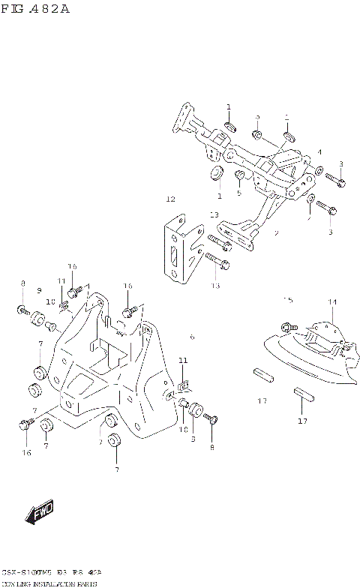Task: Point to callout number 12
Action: click(170, 199)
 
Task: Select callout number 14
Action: click(331, 302)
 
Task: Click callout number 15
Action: click(287, 301)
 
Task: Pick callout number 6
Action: click(192, 337)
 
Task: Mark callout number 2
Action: click(276, 233)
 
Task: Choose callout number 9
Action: click(39, 290)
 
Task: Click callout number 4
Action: click(319, 151)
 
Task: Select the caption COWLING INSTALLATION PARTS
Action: click(54, 582)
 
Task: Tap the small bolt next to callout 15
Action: click(287, 326)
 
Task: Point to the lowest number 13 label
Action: click(216, 286)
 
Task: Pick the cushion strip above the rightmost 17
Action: click(302, 392)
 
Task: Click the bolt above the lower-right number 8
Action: click(211, 421)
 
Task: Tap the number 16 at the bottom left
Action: click(27, 453)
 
